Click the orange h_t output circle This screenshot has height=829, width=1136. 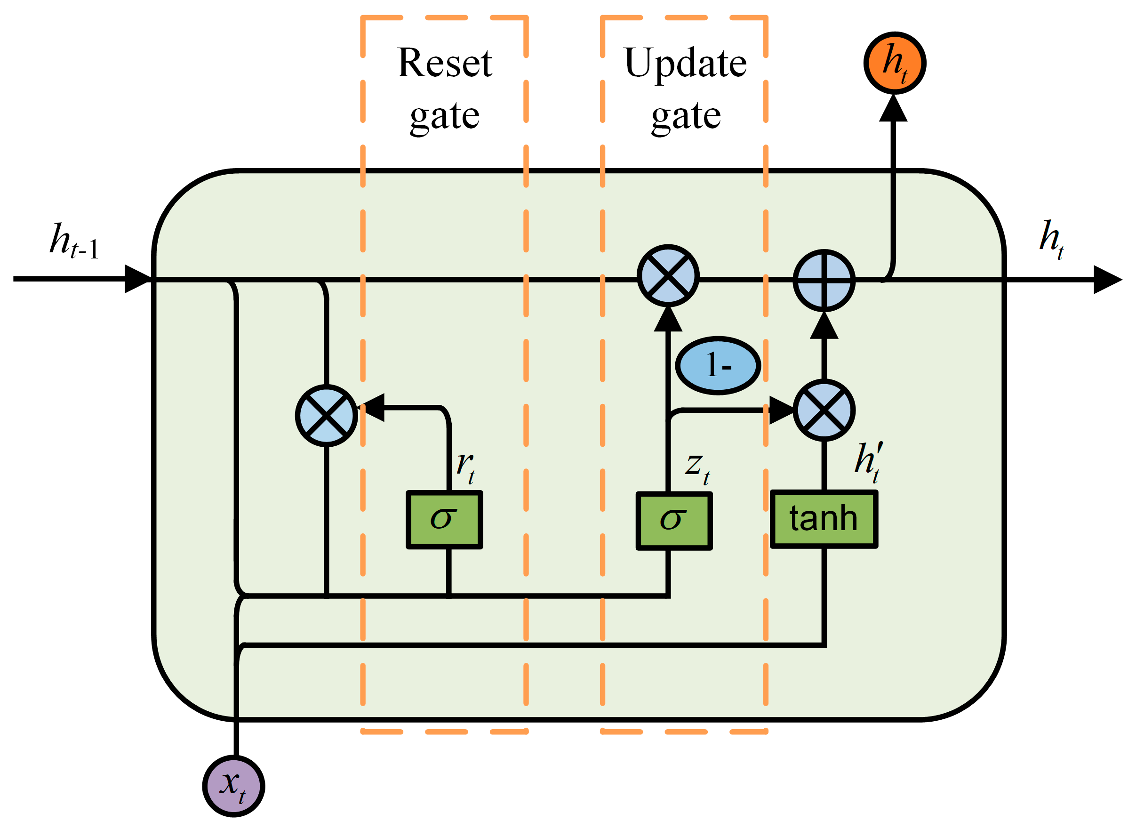(895, 63)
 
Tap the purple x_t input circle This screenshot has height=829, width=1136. (234, 786)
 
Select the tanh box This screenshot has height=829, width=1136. (824, 519)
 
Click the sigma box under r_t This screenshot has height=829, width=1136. (444, 520)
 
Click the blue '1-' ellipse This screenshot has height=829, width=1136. (718, 366)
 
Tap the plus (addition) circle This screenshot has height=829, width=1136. (824, 281)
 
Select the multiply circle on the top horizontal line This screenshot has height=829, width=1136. (668, 275)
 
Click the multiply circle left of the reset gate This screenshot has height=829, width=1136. (327, 416)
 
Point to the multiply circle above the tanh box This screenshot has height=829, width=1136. (824, 410)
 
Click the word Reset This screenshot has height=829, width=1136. (444, 63)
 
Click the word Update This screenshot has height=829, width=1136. (685, 63)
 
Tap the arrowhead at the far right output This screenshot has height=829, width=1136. (1107, 280)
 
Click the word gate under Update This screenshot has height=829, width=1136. (686, 117)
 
